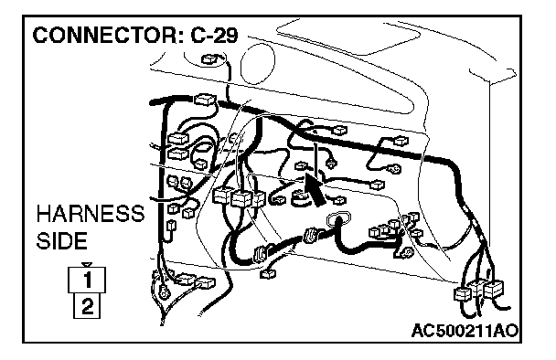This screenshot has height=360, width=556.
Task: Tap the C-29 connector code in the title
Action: pyautogui.click(x=214, y=35)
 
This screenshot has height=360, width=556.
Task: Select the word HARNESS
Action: pyautogui.click(x=91, y=213)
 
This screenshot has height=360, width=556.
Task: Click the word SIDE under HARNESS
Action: pyautogui.click(x=61, y=240)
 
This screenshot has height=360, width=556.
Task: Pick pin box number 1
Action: pyautogui.click(x=87, y=280)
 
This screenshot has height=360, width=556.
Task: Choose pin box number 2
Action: pyautogui.click(x=87, y=305)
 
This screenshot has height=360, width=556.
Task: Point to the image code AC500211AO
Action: pyautogui.click(x=465, y=331)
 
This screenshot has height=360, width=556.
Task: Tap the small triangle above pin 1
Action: pyautogui.click(x=87, y=264)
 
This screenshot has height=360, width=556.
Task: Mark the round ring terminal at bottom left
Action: pyautogui.click(x=164, y=292)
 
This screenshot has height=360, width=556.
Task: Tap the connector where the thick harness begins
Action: pyautogui.click(x=205, y=100)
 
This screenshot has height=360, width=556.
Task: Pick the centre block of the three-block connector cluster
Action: pyautogui.click(x=241, y=199)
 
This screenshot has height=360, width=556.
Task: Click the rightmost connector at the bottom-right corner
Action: pyautogui.click(x=493, y=289)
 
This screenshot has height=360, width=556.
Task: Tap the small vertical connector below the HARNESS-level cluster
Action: pyautogui.click(x=171, y=227)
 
